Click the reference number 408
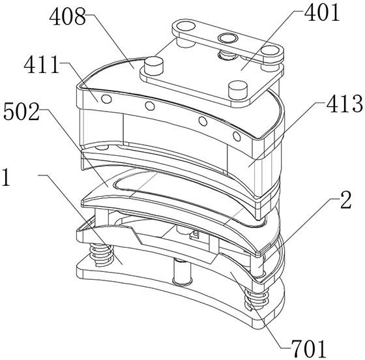[x=68, y=17]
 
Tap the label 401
[x=322, y=13]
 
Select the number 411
[x=42, y=65]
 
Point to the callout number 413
[x=345, y=104]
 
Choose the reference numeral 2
[x=345, y=200]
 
